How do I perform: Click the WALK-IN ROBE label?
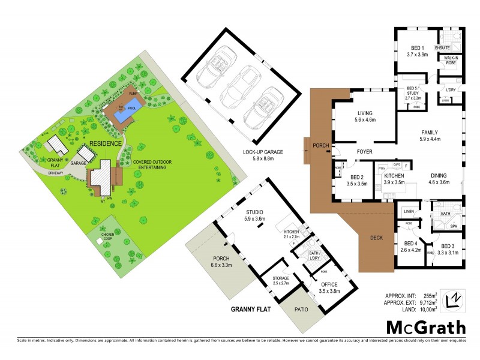click(450, 59)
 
